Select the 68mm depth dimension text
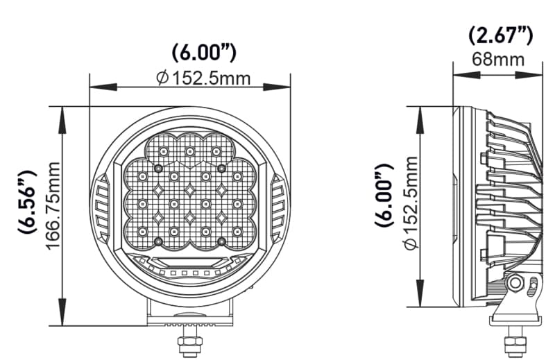pyautogui.click(x=497, y=58)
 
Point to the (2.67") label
pyautogui.click(x=499, y=35)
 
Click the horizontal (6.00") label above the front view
pyautogui.click(x=204, y=53)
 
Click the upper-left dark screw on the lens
pyautogui.click(x=159, y=169)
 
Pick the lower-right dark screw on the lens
pyautogui.click(x=221, y=241)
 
